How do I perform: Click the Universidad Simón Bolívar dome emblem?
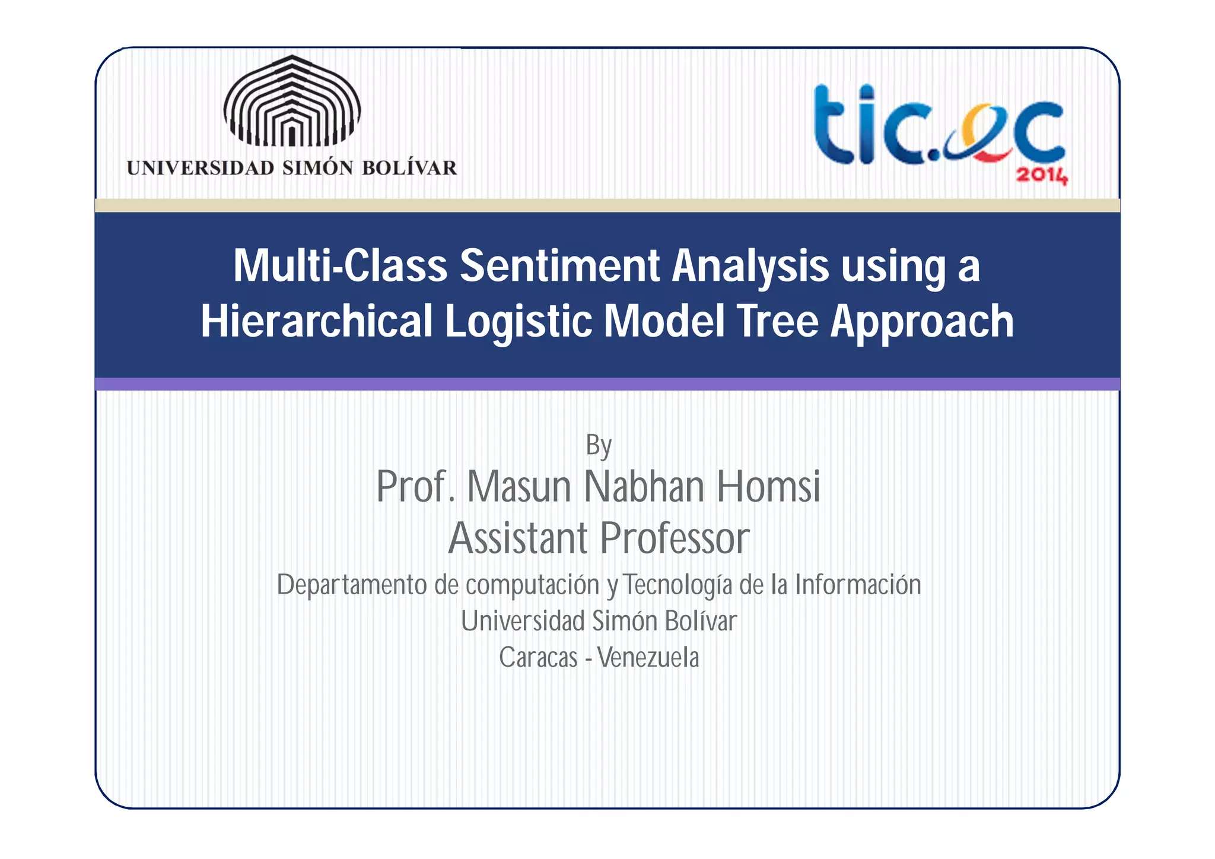point(292,101)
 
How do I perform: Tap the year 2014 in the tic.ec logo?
point(1042,176)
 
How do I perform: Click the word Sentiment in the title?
point(559,265)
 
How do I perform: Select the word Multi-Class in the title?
point(340,265)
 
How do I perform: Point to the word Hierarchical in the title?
point(317,321)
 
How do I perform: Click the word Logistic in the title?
point(518,321)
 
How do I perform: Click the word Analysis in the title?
point(750,267)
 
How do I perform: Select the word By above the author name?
point(599,445)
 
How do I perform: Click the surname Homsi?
point(768,486)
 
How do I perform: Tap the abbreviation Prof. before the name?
point(416,486)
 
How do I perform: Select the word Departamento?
point(352,585)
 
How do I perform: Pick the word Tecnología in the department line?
point(678,585)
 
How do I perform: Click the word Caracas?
point(538,658)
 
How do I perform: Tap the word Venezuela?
point(648,658)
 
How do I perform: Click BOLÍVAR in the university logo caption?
point(409,168)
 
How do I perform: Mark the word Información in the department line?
point(858,585)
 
